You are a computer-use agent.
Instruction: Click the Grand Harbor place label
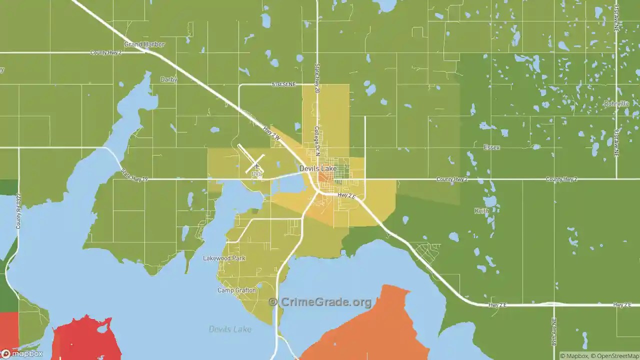pyautogui.click(x=144, y=44)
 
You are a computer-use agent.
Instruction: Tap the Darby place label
pyautogui.click(x=168, y=79)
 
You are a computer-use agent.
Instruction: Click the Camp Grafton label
pyautogui.click(x=236, y=290)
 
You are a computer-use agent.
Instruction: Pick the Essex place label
pyautogui.click(x=491, y=147)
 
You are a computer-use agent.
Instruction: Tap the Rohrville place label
pyautogui.click(x=616, y=103)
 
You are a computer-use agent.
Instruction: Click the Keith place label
pyautogui.click(x=481, y=211)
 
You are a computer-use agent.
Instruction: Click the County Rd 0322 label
pyautogui.click(x=18, y=211)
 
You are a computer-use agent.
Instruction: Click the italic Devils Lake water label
pyautogui.click(x=230, y=329)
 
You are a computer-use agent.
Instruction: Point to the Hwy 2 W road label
pyautogui.click(x=271, y=132)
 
